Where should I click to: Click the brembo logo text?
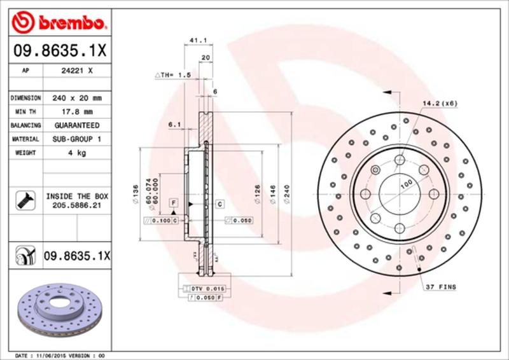click(70, 24)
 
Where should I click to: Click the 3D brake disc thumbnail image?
click(60, 306)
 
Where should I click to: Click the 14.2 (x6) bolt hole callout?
click(440, 103)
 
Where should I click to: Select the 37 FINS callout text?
click(441, 287)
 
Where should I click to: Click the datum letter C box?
click(220, 204)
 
